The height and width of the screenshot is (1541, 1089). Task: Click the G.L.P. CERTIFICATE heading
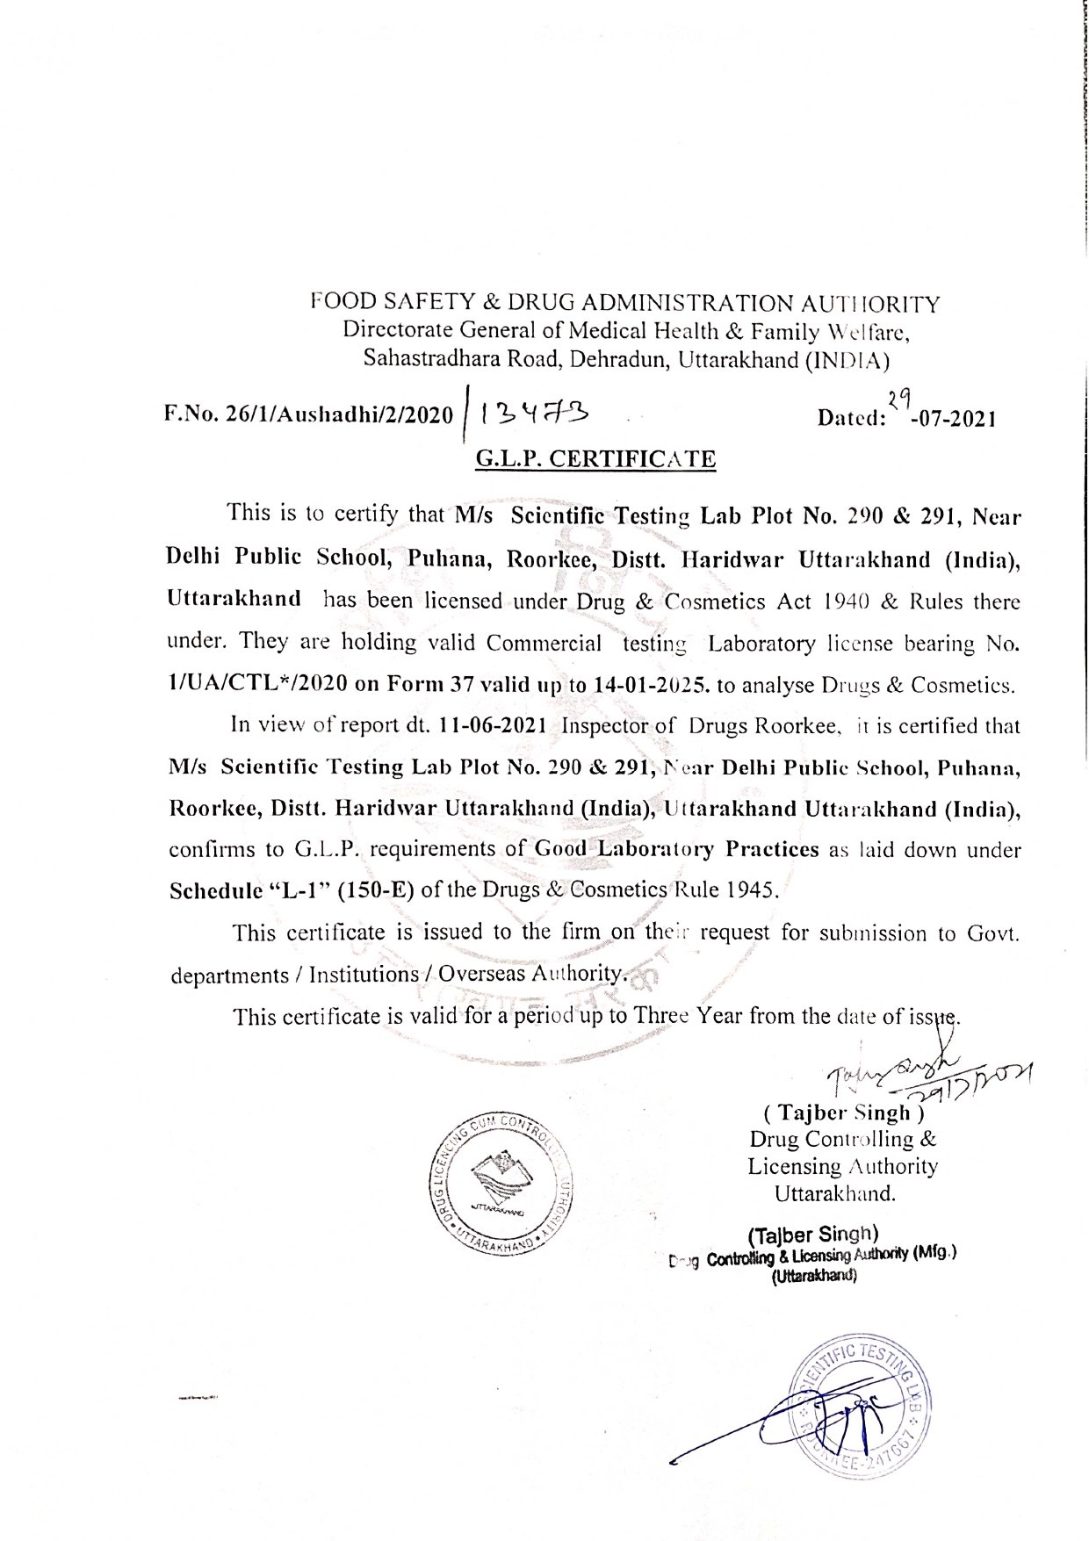click(x=595, y=458)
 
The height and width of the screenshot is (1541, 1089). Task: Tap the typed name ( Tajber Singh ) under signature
click(x=845, y=1113)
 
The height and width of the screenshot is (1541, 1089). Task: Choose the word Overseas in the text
click(x=478, y=974)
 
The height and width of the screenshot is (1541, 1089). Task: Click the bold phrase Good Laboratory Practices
click(x=676, y=849)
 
